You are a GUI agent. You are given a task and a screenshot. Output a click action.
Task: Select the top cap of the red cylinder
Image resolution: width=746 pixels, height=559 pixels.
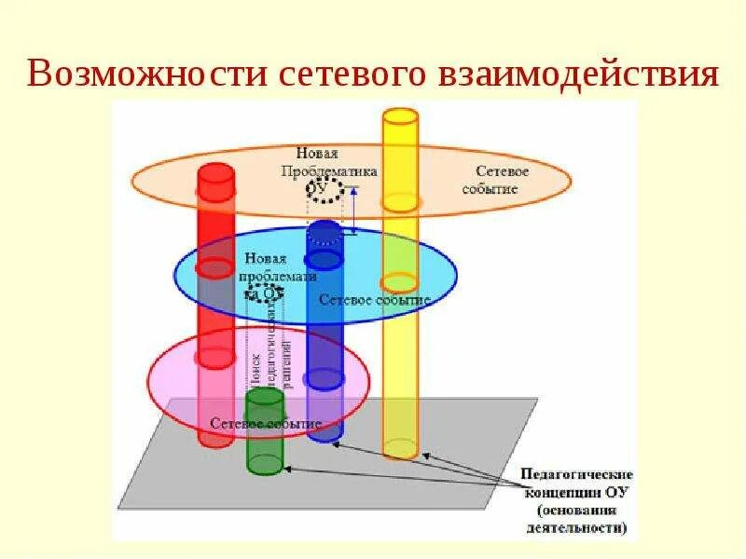pos(215,173)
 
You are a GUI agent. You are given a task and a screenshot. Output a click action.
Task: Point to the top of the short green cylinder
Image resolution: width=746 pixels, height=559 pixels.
pos(265,397)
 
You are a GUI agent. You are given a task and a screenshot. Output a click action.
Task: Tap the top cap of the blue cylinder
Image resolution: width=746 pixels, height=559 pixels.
pos(325,229)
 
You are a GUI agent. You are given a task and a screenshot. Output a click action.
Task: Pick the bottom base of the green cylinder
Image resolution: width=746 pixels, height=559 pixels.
pos(265,462)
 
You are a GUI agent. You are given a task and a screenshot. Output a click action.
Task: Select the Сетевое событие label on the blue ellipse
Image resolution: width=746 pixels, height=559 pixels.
pos(374,300)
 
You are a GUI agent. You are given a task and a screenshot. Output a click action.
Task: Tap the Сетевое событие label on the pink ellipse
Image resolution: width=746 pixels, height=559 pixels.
pos(266,423)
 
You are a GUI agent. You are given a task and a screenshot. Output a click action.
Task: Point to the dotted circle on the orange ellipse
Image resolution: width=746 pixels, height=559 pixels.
pos(327,190)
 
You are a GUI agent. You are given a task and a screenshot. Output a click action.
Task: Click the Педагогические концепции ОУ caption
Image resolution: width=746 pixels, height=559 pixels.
pos(577,483)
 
